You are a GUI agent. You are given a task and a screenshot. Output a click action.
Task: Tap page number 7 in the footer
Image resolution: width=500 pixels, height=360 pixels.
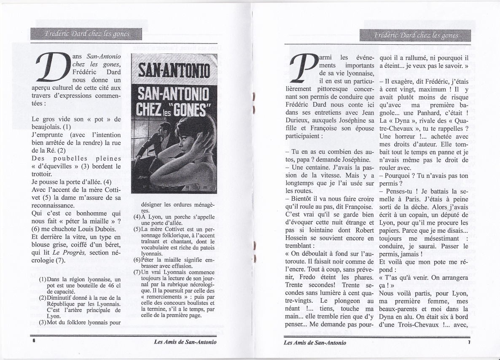468,342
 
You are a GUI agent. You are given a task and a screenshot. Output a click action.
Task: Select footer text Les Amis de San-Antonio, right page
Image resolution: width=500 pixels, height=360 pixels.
315,342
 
